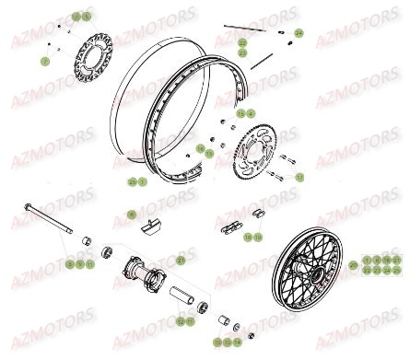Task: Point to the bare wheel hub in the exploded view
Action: [x=147, y=273]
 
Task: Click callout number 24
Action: [x=299, y=33]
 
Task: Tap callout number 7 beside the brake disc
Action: [x=44, y=60]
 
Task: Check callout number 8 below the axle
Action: [x=70, y=264]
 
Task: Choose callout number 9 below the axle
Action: [x=79, y=264]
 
